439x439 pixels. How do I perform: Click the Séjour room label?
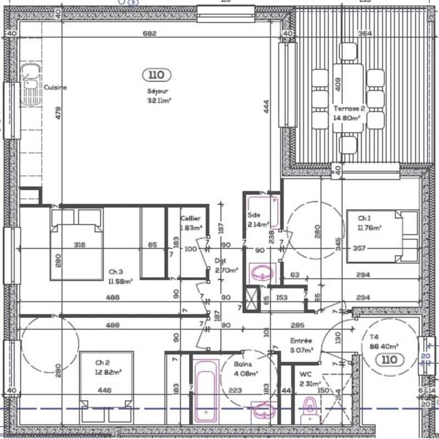tap(157, 92)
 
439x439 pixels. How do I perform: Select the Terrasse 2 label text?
tap(348, 109)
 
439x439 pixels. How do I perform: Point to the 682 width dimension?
tap(150, 33)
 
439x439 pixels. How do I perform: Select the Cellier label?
tap(190, 218)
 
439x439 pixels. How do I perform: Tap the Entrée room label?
tap(301, 340)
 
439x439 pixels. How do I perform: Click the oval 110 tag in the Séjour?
tap(157, 75)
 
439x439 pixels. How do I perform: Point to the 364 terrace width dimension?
tap(365, 33)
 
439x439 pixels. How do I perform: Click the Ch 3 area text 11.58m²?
tap(121, 282)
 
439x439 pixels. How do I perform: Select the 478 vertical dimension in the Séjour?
tap(58, 112)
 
